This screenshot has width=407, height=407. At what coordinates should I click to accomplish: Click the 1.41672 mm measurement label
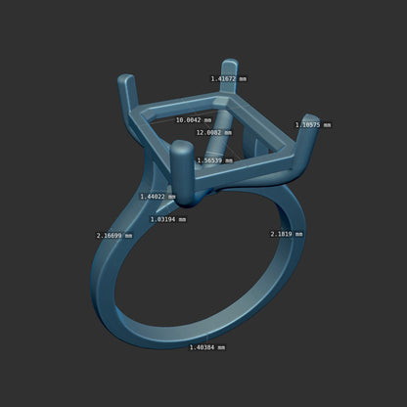pos(229,79)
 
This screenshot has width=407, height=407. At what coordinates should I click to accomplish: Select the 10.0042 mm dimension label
pos(194,120)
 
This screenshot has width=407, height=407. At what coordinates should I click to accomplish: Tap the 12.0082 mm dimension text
pos(214,132)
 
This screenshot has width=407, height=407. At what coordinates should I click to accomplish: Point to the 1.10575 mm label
pos(313,125)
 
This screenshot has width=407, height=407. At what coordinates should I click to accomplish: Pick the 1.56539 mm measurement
pos(215,160)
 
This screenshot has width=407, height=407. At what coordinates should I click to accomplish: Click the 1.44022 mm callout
pos(158,197)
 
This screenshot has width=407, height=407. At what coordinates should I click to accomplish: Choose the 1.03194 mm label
pos(168,219)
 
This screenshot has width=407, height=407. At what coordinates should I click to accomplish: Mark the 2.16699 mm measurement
pos(114,236)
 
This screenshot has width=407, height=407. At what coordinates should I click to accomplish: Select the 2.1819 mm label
pos(287,234)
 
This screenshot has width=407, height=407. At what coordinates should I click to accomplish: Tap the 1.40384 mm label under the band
pos(207,347)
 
